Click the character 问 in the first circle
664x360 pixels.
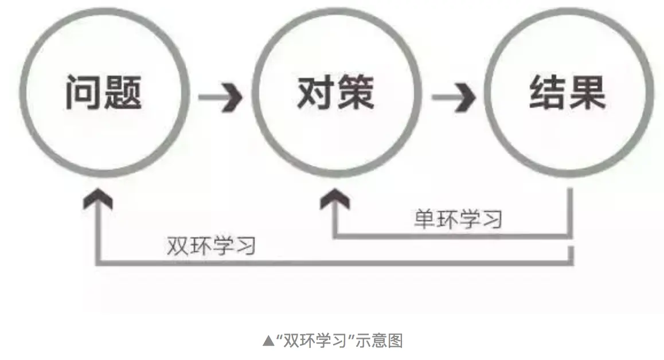coord(84,92)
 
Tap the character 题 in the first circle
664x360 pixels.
coord(122,92)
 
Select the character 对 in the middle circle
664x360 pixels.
coord(316,92)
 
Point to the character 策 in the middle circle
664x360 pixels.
coord(354,92)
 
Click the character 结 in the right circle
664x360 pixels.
coord(548,92)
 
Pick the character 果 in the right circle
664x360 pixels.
coord(587,92)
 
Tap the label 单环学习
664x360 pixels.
coord(458,219)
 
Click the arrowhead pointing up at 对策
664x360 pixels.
coord(334,200)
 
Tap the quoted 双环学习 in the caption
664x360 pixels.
coord(314,341)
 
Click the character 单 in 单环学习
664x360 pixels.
coord(424,219)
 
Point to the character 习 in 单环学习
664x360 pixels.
coord(491,219)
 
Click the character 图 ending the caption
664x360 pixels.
coord(395,341)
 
